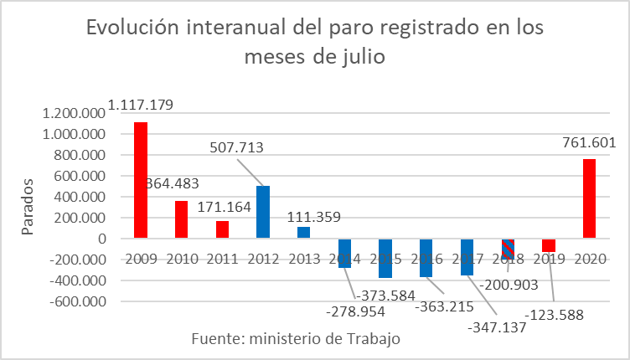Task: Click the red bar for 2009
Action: [x=141, y=180]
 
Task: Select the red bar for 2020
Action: [x=591, y=198]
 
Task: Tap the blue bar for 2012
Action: [x=263, y=212]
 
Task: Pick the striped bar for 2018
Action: [x=509, y=249]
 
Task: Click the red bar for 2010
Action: [x=181, y=219]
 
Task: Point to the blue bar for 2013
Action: [x=303, y=233]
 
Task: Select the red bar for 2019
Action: [x=550, y=245]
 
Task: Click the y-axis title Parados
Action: [x=28, y=206]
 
